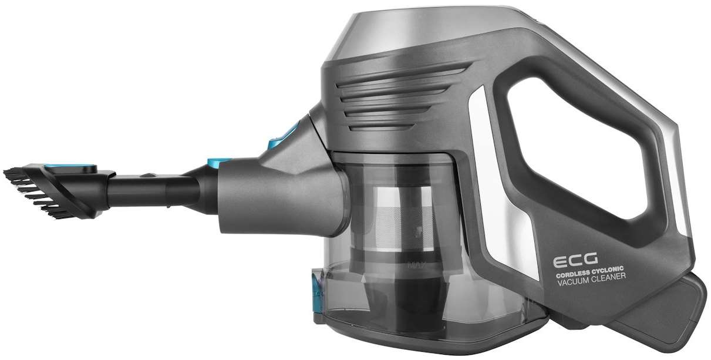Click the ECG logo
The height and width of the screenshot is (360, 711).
pyautogui.click(x=575, y=260)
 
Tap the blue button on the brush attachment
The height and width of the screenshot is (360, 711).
pyautogui.click(x=70, y=166)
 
